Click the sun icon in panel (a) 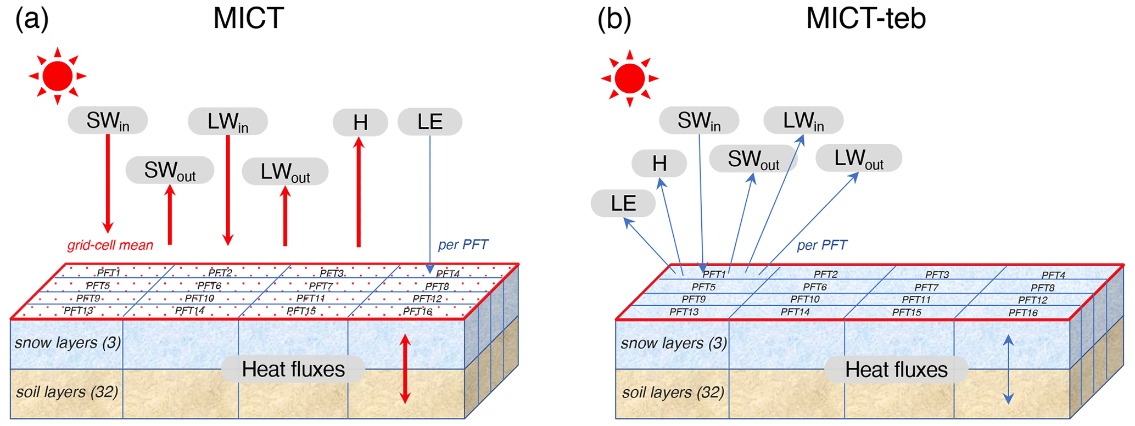tap(58, 76)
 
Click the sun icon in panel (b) tap(629, 79)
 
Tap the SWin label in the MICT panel tap(108, 121)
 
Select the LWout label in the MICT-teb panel tap(859, 159)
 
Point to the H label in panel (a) tap(360, 122)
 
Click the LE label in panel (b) tap(623, 204)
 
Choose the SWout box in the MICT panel tap(170, 171)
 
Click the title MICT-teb tap(865, 18)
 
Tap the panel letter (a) tap(32, 18)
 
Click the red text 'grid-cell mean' tap(110, 245)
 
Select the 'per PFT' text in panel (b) tap(821, 245)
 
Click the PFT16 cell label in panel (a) tap(417, 311)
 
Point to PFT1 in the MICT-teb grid tap(714, 274)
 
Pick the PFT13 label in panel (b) tap(684, 312)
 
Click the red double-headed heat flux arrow tap(405, 369)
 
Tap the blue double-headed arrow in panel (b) tap(1008, 369)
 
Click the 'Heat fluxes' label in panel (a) tap(293, 369)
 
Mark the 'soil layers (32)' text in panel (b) tap(673, 393)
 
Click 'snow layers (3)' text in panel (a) tap(68, 343)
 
